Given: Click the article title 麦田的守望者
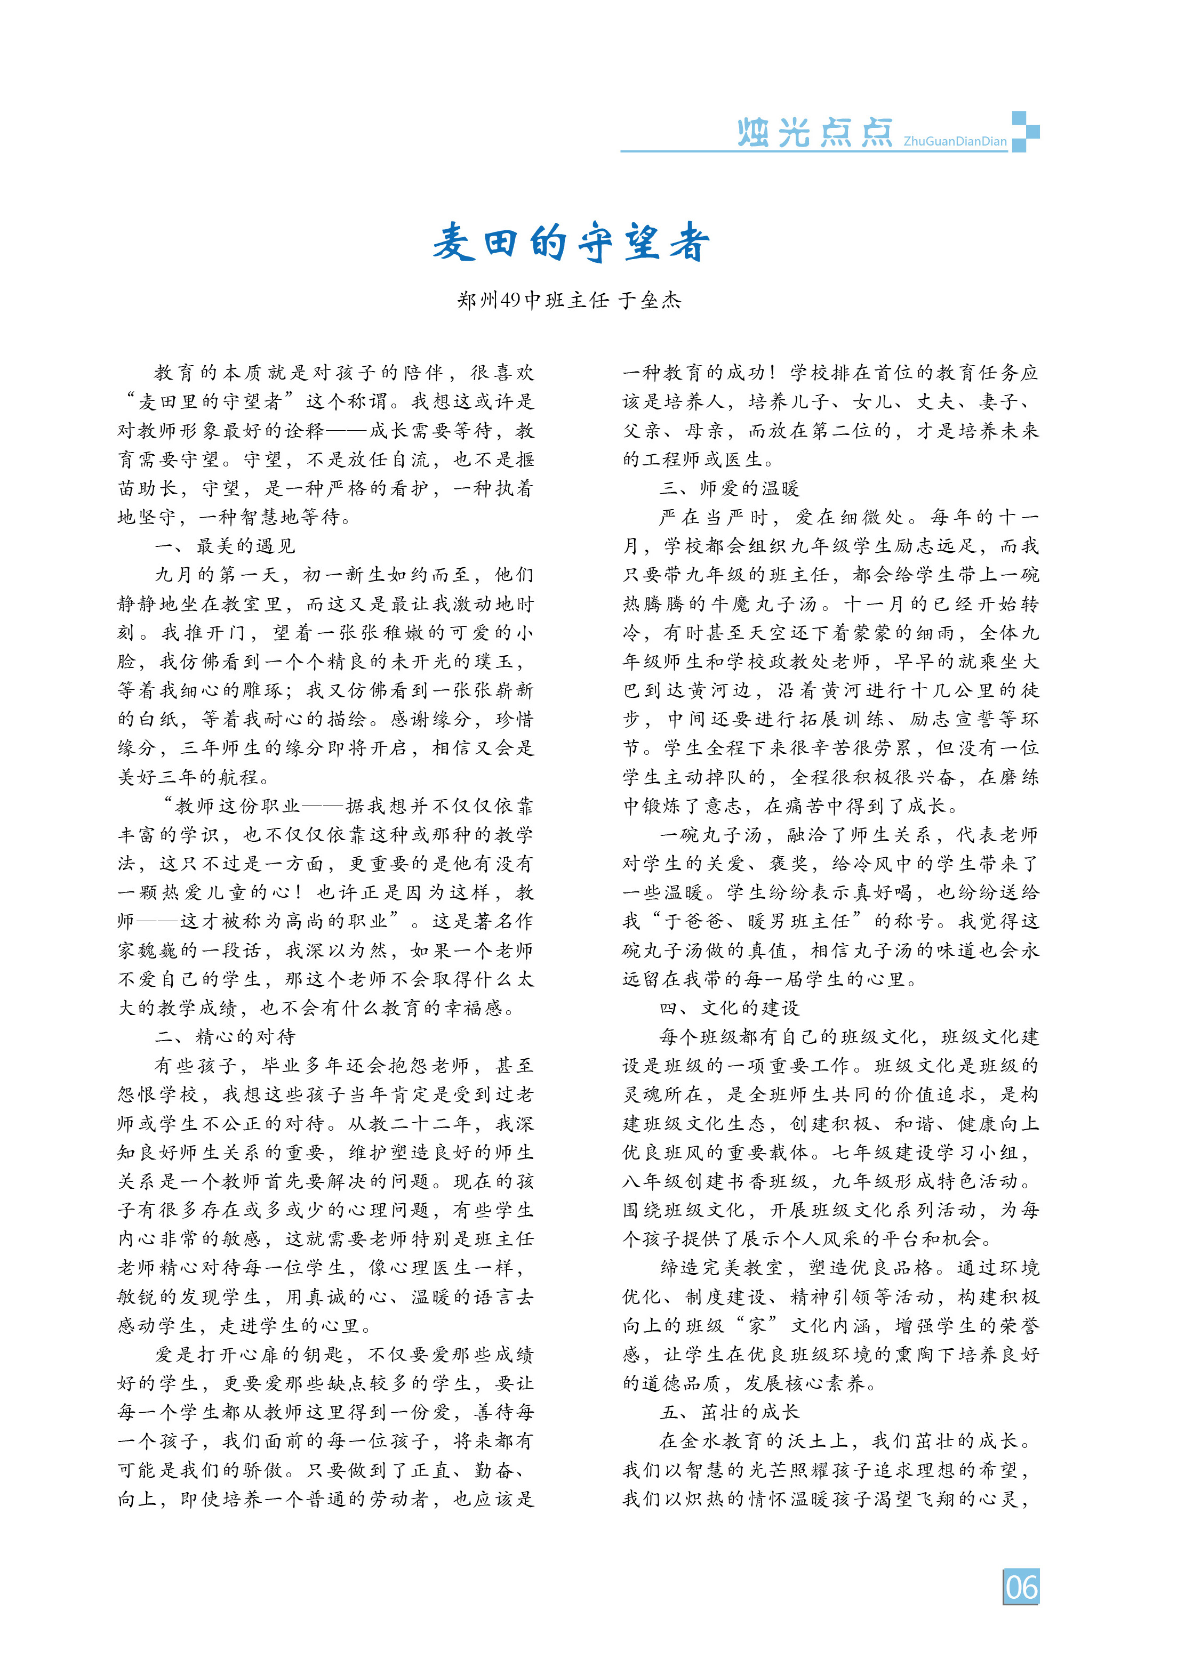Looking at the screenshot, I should coord(571,243).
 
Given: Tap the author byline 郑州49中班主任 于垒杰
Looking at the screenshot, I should coord(569,300).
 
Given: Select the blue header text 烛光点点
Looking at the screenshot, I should coord(814,133).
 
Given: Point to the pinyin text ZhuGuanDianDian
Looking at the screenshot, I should coord(955,141).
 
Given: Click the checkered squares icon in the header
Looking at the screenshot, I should coord(1024,131).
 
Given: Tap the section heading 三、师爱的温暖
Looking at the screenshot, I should coord(730,488).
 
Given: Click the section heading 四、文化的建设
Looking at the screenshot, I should coord(730,1008).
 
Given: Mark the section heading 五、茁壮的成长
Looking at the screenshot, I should coord(730,1412).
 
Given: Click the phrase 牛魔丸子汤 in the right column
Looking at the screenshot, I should coord(776,604).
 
